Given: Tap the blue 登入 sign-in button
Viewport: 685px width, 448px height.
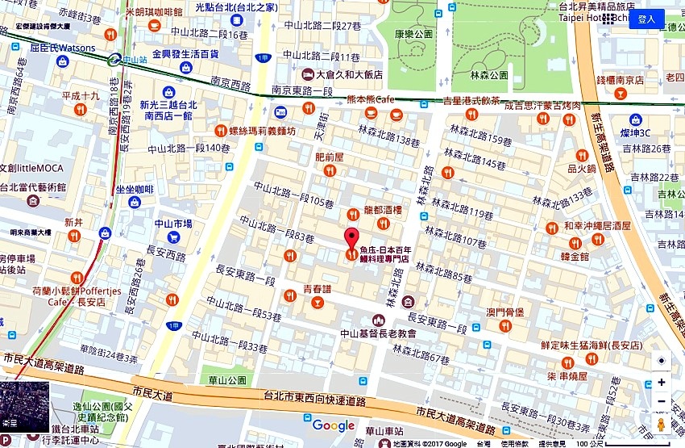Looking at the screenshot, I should [646, 19].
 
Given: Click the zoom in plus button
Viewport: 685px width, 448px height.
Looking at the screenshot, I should [661, 382].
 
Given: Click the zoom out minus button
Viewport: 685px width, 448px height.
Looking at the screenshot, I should [661, 401].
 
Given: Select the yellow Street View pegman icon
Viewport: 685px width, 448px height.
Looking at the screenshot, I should [661, 425].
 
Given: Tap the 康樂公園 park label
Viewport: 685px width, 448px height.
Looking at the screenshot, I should [414, 34].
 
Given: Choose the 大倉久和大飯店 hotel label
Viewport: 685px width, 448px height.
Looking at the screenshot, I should [348, 74].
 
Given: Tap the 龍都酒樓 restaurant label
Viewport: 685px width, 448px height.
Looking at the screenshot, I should [383, 208].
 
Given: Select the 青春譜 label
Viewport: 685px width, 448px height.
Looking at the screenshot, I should [318, 288].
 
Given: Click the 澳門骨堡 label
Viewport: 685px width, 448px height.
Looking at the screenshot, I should [505, 312].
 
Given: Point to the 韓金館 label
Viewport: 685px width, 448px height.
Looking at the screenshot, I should [575, 256].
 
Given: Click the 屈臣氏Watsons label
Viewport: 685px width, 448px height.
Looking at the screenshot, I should [62, 48].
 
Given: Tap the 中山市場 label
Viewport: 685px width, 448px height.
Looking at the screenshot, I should [173, 224].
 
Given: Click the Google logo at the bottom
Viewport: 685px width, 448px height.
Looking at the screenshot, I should [333, 425].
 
